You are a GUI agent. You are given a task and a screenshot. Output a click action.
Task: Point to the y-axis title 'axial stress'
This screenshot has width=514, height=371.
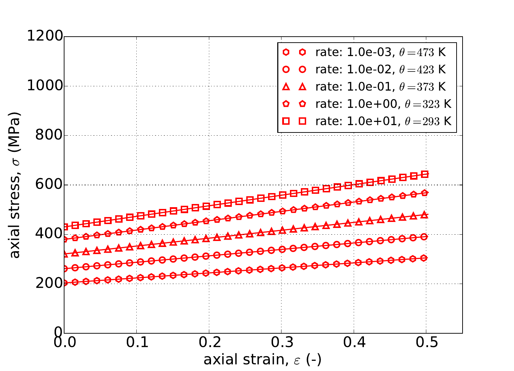point(15,185)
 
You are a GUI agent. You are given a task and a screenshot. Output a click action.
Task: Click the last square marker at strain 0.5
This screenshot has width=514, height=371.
point(425,174)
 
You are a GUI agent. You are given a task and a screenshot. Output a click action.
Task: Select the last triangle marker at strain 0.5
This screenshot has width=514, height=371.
point(425,215)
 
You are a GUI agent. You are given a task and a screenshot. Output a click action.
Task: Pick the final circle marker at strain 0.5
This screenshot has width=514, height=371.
point(425,237)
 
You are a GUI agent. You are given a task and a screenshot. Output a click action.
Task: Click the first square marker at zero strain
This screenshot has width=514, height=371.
point(64,227)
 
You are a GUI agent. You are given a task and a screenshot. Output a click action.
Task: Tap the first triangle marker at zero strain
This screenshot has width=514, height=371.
point(64,254)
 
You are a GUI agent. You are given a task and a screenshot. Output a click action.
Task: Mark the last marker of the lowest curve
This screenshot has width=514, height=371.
point(425,258)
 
